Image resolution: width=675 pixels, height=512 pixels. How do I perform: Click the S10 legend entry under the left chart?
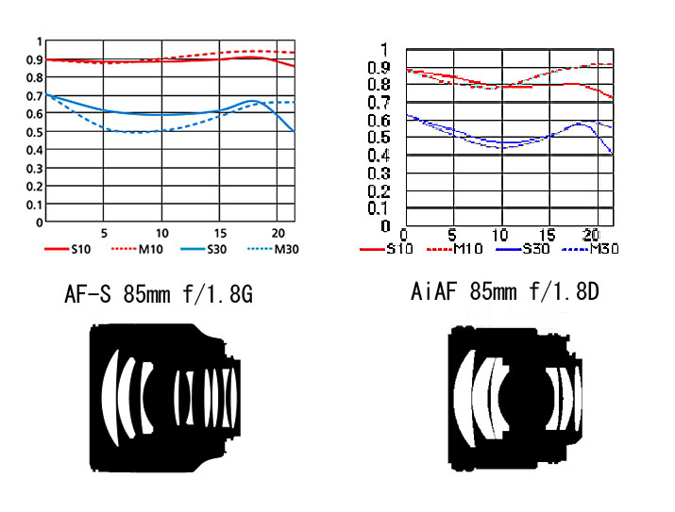pyautogui.click(x=68, y=249)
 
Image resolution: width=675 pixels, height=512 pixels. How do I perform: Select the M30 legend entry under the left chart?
pyautogui.click(x=273, y=249)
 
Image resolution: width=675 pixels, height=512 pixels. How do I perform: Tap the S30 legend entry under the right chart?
pyautogui.click(x=523, y=249)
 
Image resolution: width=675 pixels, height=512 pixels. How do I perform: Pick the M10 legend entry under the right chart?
pyautogui.click(x=455, y=249)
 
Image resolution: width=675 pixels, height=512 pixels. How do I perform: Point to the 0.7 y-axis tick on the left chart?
pyautogui.click(x=35, y=96)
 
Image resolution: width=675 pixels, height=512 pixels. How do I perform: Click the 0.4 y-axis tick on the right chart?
pyautogui.click(x=379, y=155)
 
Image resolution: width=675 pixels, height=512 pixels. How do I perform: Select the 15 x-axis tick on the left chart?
pyautogui.click(x=220, y=234)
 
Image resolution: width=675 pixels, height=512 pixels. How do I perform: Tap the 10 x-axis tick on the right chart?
pyautogui.click(x=500, y=235)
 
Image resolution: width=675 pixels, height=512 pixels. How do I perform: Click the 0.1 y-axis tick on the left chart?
pyautogui.click(x=35, y=205)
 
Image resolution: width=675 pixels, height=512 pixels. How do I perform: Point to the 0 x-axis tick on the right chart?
pyautogui.click(x=403, y=235)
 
